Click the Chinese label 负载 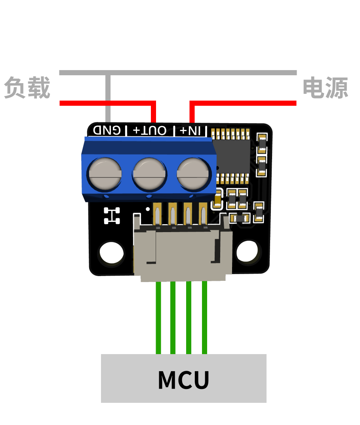click(27, 88)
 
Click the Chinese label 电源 click(326, 88)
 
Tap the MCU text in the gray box click(183, 380)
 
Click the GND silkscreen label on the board click(107, 130)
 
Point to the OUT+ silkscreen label click(150, 130)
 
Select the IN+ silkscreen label click(190, 130)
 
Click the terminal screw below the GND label click(105, 173)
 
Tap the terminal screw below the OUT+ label click(149, 173)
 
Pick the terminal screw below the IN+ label click(193, 173)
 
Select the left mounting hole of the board click(111, 252)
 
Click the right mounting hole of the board click(247, 251)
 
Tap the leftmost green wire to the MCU click(158, 318)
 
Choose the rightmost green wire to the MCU click(205, 318)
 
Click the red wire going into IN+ click(243, 103)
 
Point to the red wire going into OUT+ click(108, 103)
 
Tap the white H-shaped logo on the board click(112, 216)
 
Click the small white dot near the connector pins click(148, 209)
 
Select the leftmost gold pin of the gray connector click(157, 214)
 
